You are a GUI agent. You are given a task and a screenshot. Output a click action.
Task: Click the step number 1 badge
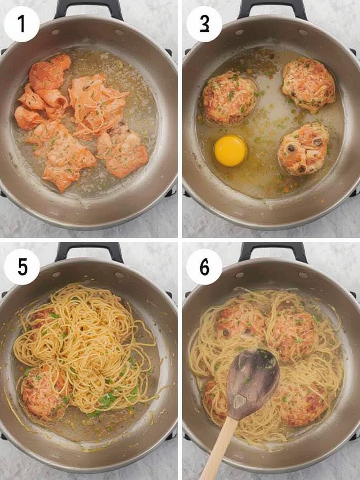(22, 24)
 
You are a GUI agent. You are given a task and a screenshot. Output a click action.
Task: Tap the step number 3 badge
(204, 24)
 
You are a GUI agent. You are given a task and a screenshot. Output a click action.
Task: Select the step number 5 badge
(22, 267)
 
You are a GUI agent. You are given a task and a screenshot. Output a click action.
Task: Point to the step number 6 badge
(204, 267)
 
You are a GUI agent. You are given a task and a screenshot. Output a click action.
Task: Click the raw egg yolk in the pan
(230, 150)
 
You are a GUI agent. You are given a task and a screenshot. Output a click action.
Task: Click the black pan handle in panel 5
(89, 251)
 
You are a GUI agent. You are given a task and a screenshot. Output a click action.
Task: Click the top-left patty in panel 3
(229, 97)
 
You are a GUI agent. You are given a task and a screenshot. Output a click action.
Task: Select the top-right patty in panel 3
(308, 84)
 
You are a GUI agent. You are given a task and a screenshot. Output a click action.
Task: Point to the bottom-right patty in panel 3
(303, 149)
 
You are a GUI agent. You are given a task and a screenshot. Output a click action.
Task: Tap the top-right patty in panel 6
(293, 333)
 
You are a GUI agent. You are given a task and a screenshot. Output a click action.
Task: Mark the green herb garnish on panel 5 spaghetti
(107, 400)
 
